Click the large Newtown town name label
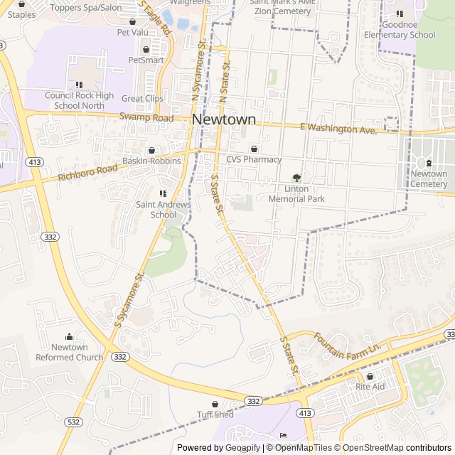(224, 120)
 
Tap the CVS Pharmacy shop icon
(254, 149)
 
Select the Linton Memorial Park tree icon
(296, 178)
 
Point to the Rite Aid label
(370, 387)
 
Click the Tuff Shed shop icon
(215, 404)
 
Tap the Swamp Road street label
(146, 117)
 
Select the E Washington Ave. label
(338, 129)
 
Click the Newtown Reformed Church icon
(69, 337)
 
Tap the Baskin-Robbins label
(151, 161)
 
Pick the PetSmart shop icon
(146, 49)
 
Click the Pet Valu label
(132, 32)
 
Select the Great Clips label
(142, 99)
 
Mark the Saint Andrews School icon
(163, 193)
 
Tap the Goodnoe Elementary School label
(400, 30)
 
